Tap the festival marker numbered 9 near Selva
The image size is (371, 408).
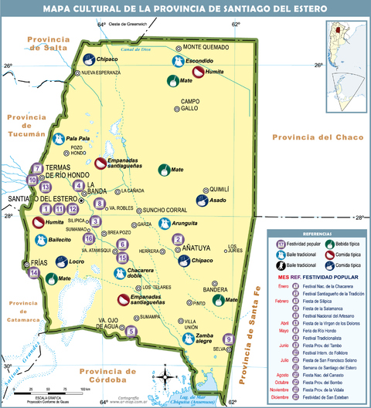[x=228, y=337]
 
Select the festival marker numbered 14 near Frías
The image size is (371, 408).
[x=34, y=272]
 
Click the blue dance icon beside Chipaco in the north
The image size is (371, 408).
[x=89, y=59]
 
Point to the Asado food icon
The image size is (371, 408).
[x=202, y=200]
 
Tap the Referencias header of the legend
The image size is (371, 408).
[x=317, y=232]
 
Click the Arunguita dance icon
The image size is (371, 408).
[x=163, y=224]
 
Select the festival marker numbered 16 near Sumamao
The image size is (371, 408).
[x=89, y=238]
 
